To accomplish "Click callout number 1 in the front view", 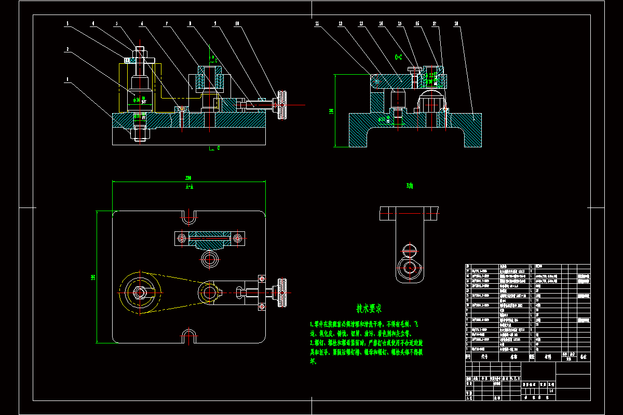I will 67,80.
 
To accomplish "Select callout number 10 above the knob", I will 237,23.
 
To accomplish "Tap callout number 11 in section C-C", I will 316,23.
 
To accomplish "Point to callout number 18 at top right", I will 456,23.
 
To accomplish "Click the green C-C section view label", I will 399,57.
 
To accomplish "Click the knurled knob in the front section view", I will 282,105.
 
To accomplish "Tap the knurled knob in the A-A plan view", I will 282,293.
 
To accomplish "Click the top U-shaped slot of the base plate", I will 189,215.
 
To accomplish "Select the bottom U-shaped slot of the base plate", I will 190,339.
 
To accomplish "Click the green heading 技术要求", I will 369,309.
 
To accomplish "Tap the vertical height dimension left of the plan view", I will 93,277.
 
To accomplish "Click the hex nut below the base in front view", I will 140,134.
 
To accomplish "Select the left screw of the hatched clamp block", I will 182,238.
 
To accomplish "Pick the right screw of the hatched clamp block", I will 238,238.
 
